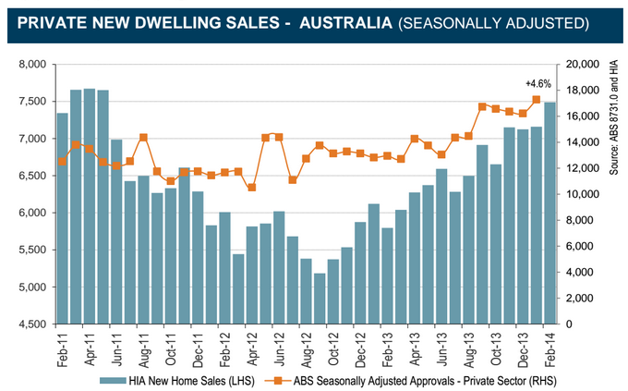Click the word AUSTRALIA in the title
point(341,20)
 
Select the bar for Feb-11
point(62,218)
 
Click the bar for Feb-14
point(549,213)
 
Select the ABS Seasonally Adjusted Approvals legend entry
point(416,379)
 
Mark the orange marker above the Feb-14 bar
point(536,99)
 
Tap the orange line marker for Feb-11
point(62,162)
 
